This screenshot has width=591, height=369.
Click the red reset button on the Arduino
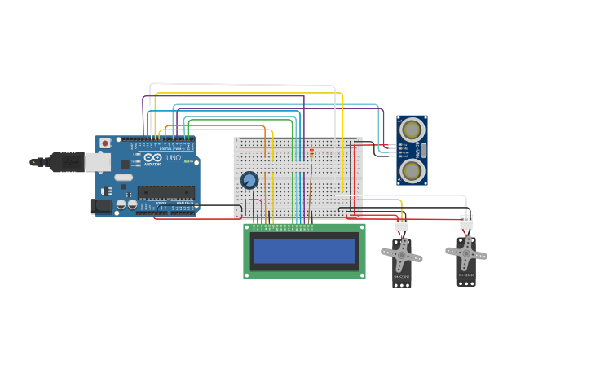(x=104, y=143)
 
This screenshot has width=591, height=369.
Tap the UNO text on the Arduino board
(x=173, y=157)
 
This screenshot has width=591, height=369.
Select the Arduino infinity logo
(x=153, y=157)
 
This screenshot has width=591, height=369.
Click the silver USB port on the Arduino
(x=97, y=162)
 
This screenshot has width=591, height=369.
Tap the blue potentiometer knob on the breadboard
(x=249, y=180)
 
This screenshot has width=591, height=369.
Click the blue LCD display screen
(x=304, y=251)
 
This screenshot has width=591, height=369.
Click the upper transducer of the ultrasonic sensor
(x=412, y=130)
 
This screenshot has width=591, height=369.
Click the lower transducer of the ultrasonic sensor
(x=412, y=170)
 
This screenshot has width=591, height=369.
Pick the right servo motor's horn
(x=465, y=253)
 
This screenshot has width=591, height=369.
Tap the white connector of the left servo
(x=401, y=223)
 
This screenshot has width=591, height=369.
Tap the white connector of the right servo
(x=466, y=222)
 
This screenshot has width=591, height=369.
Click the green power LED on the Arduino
(x=187, y=161)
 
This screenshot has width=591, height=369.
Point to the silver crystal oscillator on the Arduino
(x=123, y=177)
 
